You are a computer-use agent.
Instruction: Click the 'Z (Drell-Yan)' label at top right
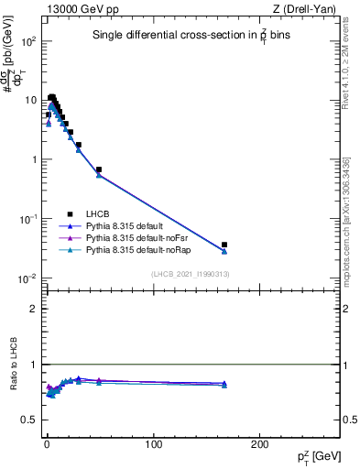[x=307, y=9]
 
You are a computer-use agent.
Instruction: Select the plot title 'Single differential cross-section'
[x=188, y=36]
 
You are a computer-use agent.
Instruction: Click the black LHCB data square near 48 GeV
[x=99, y=169]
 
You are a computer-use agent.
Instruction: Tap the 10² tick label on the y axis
[x=26, y=42]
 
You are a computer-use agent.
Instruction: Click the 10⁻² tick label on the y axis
[x=26, y=278]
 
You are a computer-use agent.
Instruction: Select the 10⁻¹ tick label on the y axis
[x=26, y=219]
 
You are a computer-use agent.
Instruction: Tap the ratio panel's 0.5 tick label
[x=29, y=420]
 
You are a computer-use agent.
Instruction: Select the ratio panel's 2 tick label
[x=33, y=309]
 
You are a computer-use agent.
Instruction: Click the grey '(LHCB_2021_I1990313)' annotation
[x=191, y=275]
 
